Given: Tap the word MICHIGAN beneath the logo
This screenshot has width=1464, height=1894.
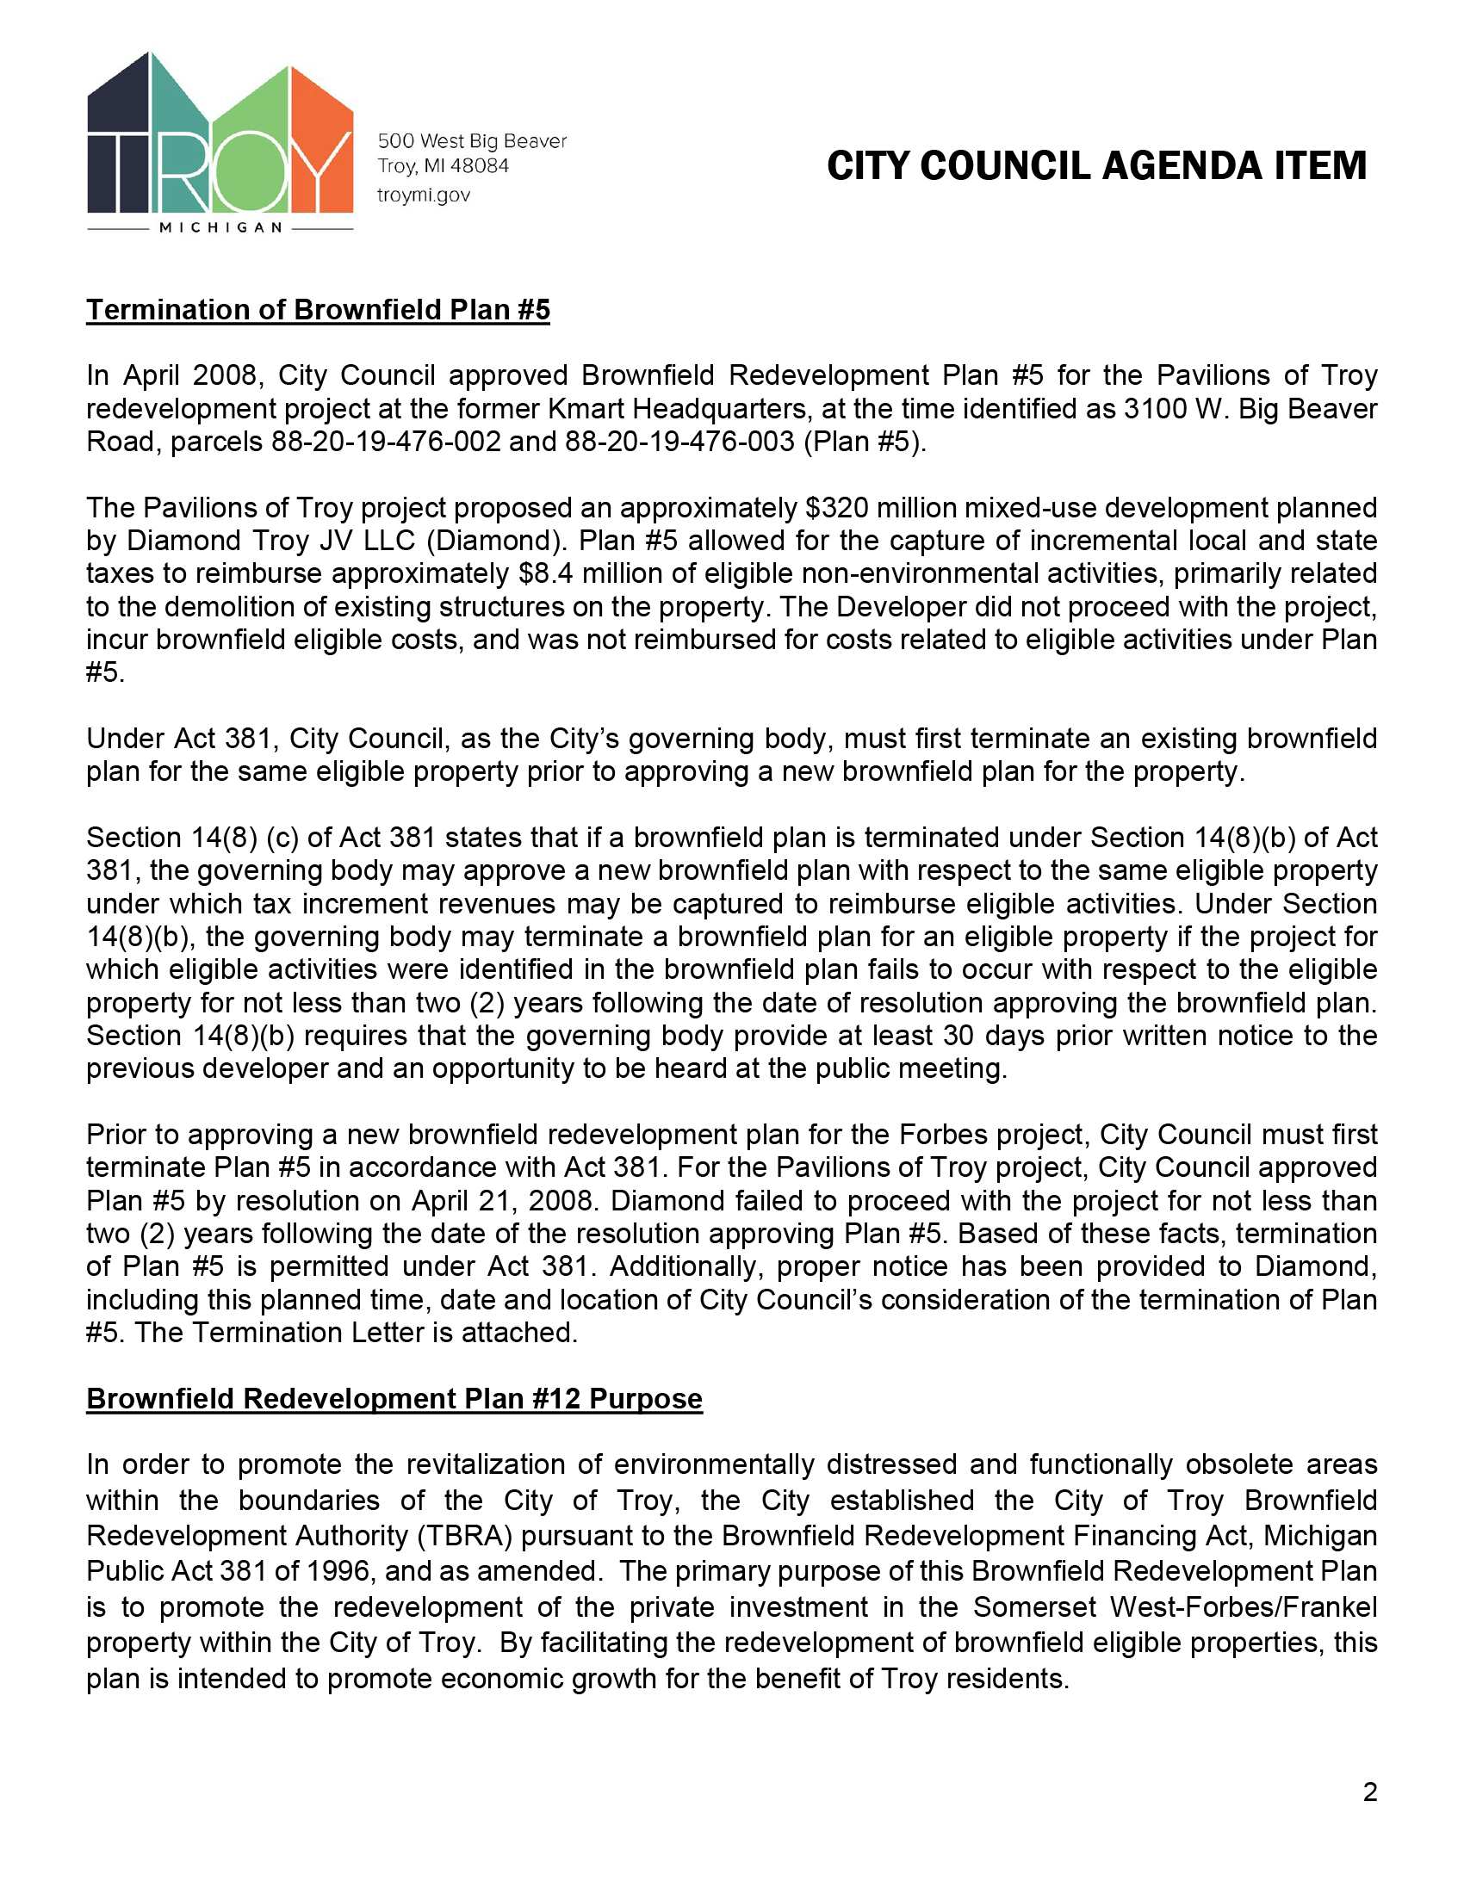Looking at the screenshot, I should [x=221, y=228].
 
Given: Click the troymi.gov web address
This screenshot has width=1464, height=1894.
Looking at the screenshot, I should [x=423, y=195].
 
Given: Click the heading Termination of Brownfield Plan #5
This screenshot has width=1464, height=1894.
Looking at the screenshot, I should [x=318, y=311].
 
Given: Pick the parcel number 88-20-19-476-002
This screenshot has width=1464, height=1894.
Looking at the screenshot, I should [x=386, y=442].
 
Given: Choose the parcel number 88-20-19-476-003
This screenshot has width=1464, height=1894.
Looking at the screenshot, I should [x=679, y=442].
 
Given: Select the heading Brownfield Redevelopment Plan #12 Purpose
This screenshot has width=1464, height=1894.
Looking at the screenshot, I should [x=394, y=1399].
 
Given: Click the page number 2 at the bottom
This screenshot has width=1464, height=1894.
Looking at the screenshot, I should [x=1369, y=1792].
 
